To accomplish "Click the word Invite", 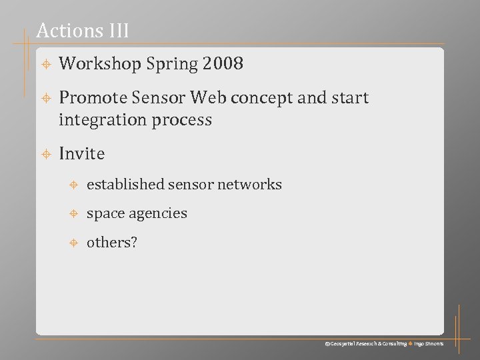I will tap(82, 154).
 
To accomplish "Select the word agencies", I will tap(158, 214).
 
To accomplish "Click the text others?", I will tap(111, 243).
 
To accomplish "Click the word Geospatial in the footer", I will tap(345, 343).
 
